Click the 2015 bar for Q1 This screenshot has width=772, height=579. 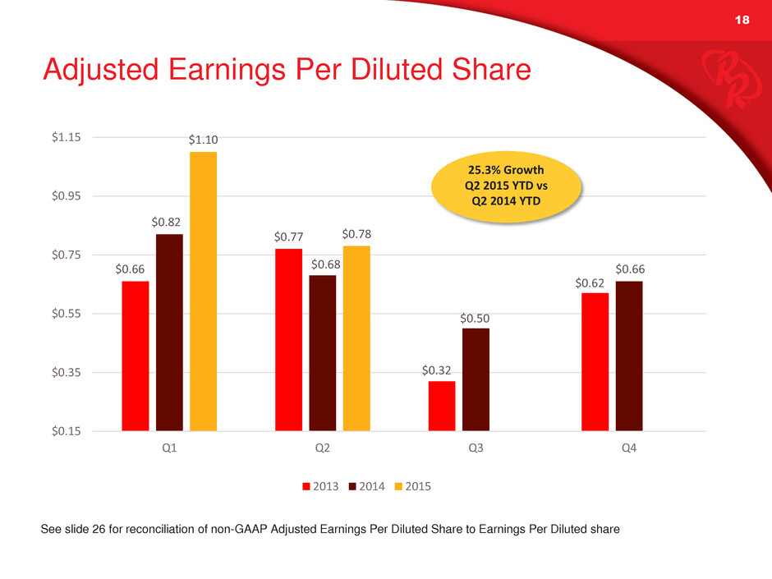[203, 291]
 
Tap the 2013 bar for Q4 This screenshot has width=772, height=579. [595, 361]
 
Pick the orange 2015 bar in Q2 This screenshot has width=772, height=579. [356, 338]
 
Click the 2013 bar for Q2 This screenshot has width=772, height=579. [288, 339]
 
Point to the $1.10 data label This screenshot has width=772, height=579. [203, 141]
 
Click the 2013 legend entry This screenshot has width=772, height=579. [321, 485]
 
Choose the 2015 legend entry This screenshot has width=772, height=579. [413, 485]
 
